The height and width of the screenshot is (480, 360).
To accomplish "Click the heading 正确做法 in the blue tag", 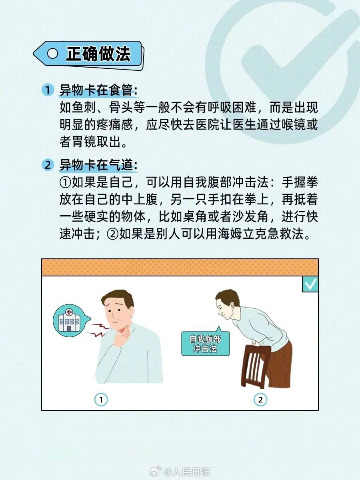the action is click(x=98, y=54).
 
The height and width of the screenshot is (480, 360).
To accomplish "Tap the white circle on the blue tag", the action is click(x=52, y=53).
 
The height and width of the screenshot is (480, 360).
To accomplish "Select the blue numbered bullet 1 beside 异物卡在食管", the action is click(x=48, y=90).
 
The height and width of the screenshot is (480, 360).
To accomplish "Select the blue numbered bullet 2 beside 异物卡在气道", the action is click(x=48, y=165).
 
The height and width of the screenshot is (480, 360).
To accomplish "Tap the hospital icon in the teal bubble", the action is click(x=69, y=321).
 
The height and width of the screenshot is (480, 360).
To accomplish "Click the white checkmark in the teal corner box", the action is click(x=311, y=284).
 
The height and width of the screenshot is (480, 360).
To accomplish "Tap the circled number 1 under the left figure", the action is click(x=101, y=400).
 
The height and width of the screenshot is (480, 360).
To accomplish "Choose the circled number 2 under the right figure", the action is click(x=260, y=400).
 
